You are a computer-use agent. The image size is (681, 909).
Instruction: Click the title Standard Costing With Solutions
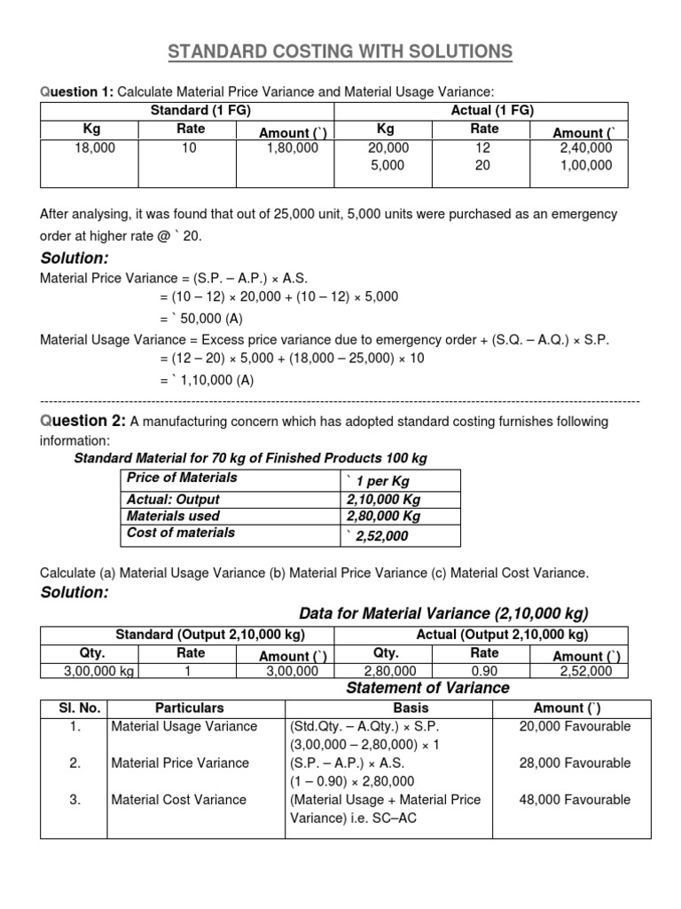click(x=340, y=52)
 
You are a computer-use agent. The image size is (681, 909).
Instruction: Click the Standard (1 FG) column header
click(x=187, y=111)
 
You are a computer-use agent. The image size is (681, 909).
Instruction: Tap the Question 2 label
click(x=82, y=422)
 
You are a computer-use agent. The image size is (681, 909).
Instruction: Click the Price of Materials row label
click(x=182, y=478)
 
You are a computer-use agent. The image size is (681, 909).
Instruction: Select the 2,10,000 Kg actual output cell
click(x=383, y=499)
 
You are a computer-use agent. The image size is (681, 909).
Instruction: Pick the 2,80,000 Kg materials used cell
click(x=383, y=516)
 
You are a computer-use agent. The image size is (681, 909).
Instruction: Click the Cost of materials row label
click(x=181, y=533)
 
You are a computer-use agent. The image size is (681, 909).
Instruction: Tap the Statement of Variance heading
click(x=427, y=688)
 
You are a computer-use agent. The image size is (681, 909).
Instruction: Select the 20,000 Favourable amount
click(x=575, y=726)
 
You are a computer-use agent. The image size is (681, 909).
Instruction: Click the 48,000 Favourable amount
click(x=575, y=800)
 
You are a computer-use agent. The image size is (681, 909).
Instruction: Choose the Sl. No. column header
click(x=74, y=708)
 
